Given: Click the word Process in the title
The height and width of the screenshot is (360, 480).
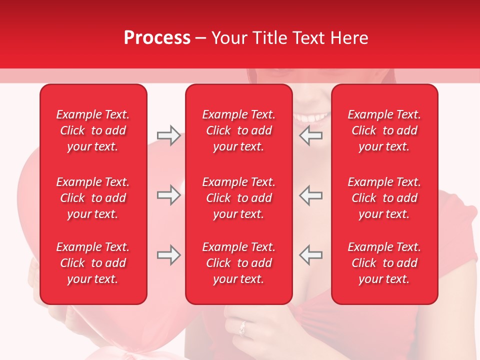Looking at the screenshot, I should [157, 38].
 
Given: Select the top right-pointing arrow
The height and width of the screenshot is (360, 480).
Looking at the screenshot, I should [168, 135].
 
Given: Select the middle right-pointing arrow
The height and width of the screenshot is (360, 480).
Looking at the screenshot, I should [168, 195].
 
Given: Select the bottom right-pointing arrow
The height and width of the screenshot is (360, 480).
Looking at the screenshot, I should [168, 255].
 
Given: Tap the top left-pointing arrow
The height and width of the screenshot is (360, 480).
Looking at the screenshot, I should [310, 135].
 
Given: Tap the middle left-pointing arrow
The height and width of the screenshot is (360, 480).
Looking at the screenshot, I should [310, 195].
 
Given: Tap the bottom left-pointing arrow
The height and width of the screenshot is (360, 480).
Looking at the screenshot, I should [310, 255].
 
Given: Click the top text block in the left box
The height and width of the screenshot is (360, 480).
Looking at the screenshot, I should [93, 130].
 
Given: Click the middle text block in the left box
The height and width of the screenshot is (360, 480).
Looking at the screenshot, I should [93, 198].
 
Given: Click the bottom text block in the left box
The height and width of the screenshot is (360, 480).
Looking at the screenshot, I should [93, 263].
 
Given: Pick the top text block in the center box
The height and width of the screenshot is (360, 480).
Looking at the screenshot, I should [239, 130].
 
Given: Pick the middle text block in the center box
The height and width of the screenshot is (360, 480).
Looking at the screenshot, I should [239, 198].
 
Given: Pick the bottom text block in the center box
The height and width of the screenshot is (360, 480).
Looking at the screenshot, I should [239, 263].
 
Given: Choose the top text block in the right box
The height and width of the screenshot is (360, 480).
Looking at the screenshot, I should [384, 130].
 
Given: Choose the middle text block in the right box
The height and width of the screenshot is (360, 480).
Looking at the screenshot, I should [384, 198].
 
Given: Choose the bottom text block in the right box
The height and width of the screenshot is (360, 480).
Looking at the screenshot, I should [384, 263].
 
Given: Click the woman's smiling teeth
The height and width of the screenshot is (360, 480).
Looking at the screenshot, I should [311, 118].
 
